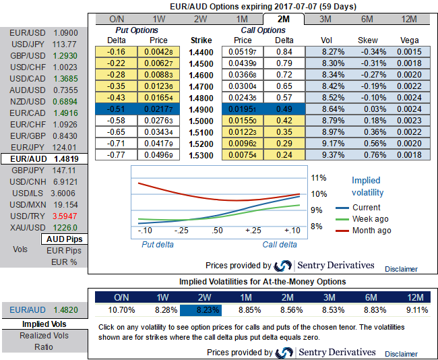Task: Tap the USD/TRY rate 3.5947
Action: (x=65, y=216)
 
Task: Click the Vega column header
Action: (x=410, y=40)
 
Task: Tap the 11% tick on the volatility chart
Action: (x=319, y=178)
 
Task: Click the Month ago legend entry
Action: (x=371, y=231)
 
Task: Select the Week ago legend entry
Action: (x=370, y=219)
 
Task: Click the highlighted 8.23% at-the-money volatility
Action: (x=200, y=311)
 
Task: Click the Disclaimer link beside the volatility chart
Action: (x=401, y=268)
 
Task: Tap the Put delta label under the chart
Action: (x=157, y=245)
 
